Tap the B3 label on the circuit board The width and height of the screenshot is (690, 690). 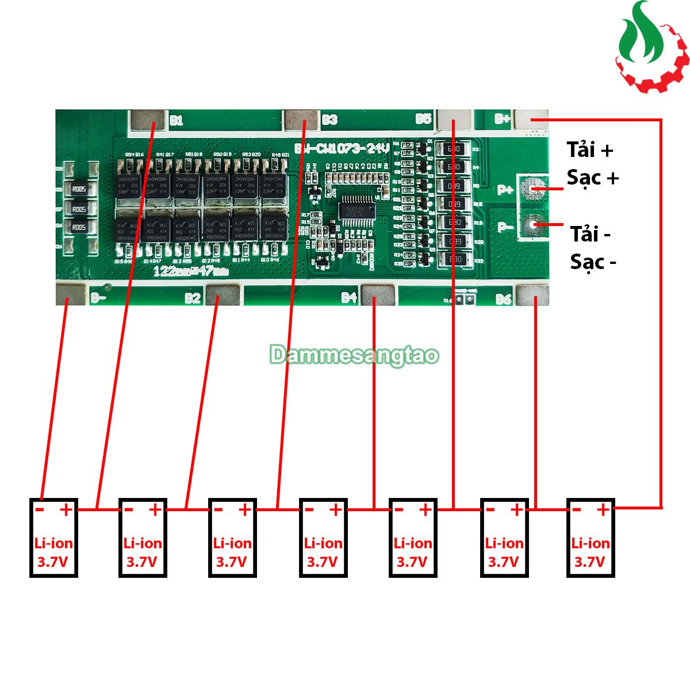pos(329,120)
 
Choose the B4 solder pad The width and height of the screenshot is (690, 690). pos(377,295)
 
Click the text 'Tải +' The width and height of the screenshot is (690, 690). pos(590,150)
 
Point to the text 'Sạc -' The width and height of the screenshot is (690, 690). pos(593,262)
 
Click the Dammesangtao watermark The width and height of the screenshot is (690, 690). pos(354,355)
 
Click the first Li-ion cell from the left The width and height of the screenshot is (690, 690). pos(53,537)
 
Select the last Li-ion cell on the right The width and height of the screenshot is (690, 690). pos(591,537)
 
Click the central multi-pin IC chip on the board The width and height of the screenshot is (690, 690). pos(358,208)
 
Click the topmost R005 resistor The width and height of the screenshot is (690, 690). pos(79,189)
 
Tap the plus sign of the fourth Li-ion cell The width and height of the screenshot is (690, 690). pos(335,509)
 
